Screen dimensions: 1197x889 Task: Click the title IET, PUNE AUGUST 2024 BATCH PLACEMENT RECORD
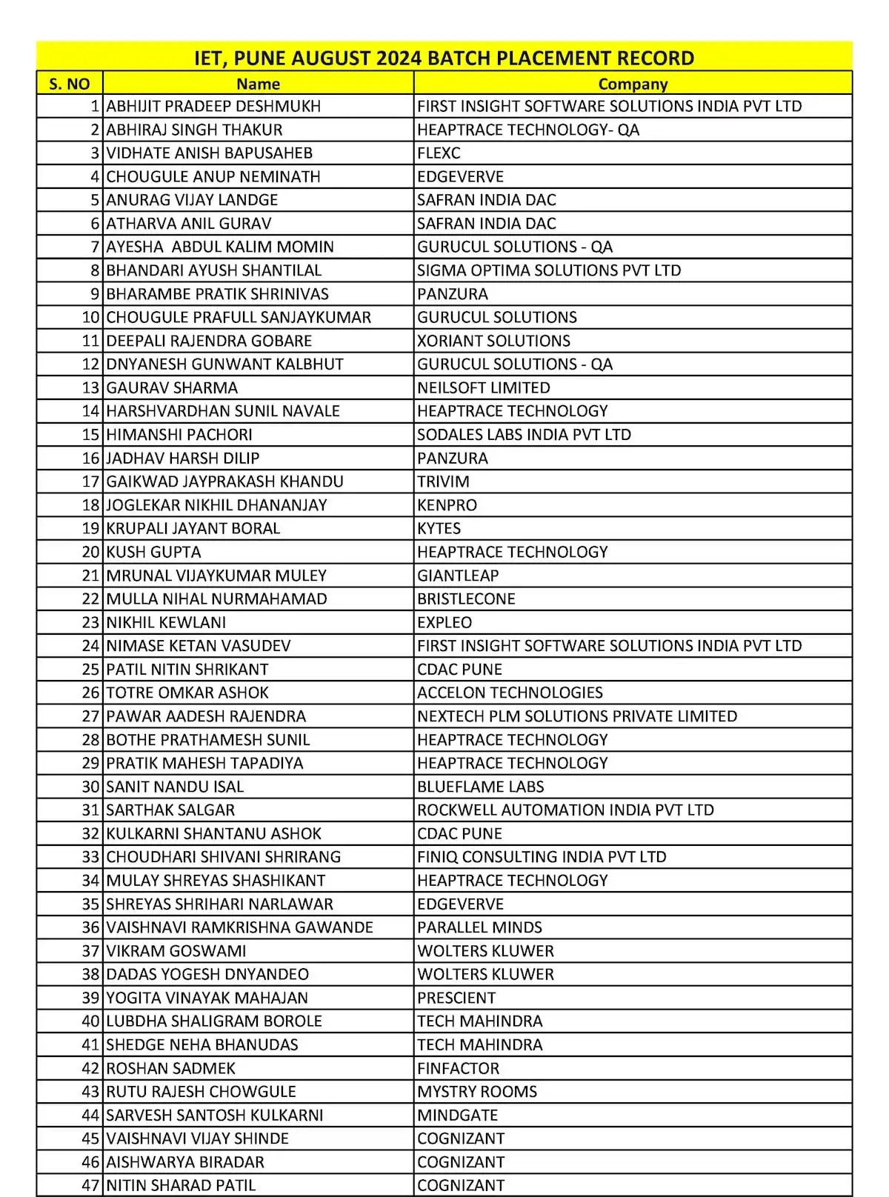coord(444,58)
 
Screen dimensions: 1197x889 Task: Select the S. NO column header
coord(69,84)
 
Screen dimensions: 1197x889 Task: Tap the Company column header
coord(633,84)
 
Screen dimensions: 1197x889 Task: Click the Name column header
coord(258,84)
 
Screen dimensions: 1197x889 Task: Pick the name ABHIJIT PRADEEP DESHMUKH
coord(213,106)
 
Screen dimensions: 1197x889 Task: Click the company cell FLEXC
coord(439,153)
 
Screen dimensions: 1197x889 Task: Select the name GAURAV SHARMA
coord(172,387)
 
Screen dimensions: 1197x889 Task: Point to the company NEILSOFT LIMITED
coord(483,387)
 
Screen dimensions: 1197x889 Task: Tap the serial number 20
coord(90,552)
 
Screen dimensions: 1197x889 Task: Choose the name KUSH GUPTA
coord(153,552)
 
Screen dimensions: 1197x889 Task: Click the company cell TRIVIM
coord(443,481)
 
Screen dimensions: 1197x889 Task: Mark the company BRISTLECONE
coord(466,598)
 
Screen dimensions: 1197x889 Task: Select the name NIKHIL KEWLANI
coord(166,622)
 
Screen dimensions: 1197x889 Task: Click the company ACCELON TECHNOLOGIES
coord(510,693)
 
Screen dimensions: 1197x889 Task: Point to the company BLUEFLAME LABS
coord(480,787)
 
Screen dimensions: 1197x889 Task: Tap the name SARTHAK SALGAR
coord(170,810)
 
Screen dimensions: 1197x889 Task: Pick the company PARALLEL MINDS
coord(479,927)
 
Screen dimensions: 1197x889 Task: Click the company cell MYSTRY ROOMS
coord(477,1091)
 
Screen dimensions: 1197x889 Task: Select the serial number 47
coord(90,1185)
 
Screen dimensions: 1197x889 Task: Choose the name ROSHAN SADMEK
coord(170,1068)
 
